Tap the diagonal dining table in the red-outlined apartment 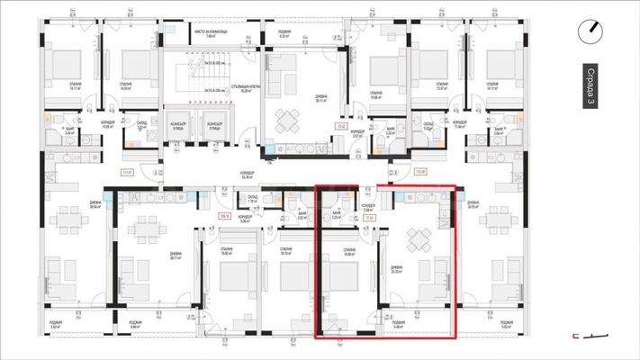pyautogui.click(x=418, y=239)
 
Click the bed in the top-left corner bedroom pyautogui.click(x=64, y=64)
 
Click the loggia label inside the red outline pyautogui.click(x=398, y=324)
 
